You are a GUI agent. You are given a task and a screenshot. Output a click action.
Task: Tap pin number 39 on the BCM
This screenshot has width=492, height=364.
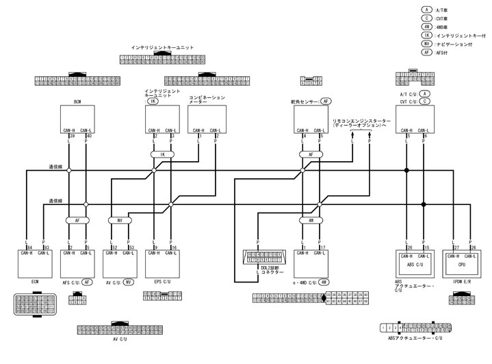click(x=71, y=136)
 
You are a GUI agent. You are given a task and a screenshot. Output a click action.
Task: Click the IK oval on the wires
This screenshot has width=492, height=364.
click(x=162, y=155)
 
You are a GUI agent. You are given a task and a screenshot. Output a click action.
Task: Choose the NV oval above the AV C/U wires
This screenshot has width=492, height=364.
click(x=119, y=221)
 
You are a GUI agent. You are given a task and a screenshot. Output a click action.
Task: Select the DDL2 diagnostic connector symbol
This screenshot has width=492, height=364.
click(x=265, y=260)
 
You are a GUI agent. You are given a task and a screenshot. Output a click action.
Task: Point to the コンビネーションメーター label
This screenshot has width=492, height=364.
click(x=207, y=99)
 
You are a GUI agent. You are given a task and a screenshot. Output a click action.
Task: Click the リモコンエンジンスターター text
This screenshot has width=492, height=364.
click(x=360, y=121)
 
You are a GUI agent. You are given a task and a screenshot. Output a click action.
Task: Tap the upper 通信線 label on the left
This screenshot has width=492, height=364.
click(x=55, y=167)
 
